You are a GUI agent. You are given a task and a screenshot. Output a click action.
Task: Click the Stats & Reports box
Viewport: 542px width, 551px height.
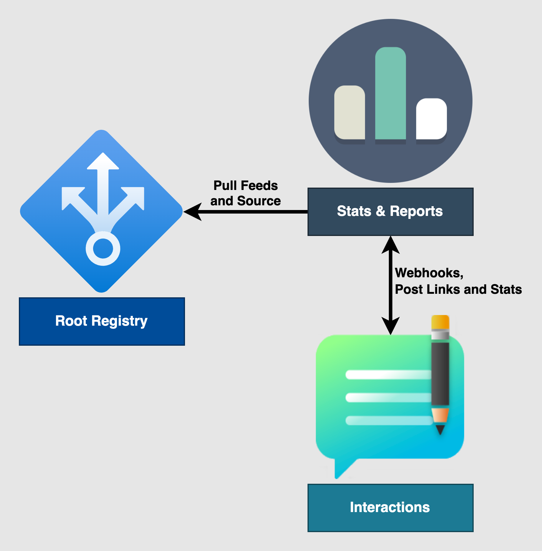click(390, 211)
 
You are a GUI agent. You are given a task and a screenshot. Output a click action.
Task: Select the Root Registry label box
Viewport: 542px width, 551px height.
click(102, 321)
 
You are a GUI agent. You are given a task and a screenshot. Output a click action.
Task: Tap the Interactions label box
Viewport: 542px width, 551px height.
click(390, 508)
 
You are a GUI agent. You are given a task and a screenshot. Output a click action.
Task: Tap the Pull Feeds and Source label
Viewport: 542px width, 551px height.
click(245, 193)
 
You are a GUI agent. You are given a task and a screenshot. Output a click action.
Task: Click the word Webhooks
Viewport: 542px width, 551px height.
click(429, 273)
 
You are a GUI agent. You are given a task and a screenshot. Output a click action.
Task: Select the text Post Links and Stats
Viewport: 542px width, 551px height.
click(458, 289)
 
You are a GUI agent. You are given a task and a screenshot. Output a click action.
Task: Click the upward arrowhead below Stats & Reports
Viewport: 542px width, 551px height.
click(390, 245)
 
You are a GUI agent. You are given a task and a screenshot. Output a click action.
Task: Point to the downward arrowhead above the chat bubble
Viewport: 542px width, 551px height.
click(390, 326)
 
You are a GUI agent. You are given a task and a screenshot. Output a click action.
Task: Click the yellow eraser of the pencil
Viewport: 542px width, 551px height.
click(440, 322)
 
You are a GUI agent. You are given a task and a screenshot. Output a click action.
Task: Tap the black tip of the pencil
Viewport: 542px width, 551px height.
click(440, 429)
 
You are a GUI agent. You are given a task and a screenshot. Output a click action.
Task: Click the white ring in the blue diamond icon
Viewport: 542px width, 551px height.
click(103, 248)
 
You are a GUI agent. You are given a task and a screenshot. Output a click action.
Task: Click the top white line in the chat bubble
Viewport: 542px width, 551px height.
click(388, 375)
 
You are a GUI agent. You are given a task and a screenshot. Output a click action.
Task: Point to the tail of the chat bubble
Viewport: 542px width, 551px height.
click(342, 469)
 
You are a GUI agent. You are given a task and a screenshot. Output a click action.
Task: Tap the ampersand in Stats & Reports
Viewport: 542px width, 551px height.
click(380, 211)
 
